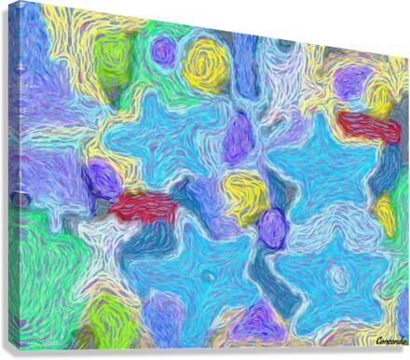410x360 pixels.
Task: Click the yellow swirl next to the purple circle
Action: (x=206, y=65)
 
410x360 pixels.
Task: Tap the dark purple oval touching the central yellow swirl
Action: (x=271, y=227)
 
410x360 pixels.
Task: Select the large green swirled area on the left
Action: (x=37, y=261)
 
